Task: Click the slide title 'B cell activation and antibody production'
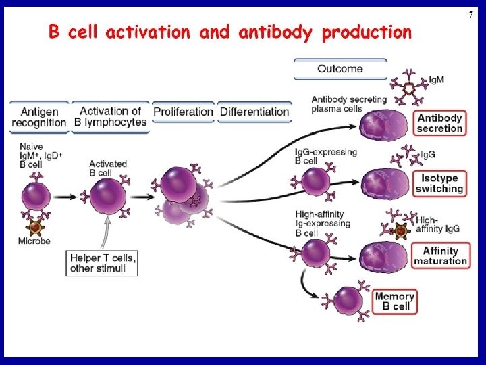(x=229, y=32)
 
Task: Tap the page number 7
(x=470, y=15)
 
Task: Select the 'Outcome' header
(x=340, y=69)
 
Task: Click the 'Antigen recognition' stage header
(x=38, y=117)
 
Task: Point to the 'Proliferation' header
(x=183, y=112)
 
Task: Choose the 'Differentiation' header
(x=254, y=112)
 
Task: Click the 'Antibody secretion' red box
(x=439, y=123)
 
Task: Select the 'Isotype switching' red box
(x=439, y=184)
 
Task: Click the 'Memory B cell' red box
(x=394, y=301)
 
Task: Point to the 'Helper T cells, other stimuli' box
(x=103, y=263)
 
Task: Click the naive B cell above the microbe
(x=37, y=195)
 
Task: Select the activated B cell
(x=108, y=196)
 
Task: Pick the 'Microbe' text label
(x=34, y=241)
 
